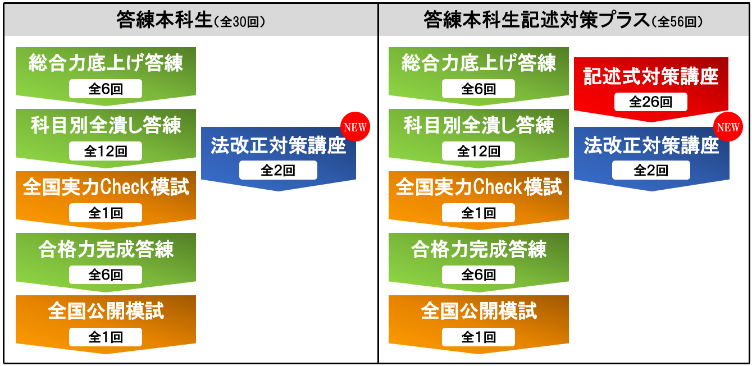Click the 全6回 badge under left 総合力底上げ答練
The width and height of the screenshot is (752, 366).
pyautogui.click(x=106, y=89)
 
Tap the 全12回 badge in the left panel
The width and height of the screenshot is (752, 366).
pyautogui.click(x=106, y=151)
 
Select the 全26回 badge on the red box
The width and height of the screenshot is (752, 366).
pyautogui.click(x=650, y=102)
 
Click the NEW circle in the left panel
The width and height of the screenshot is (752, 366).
pyautogui.click(x=354, y=127)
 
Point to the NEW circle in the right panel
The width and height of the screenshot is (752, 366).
pyautogui.click(x=728, y=127)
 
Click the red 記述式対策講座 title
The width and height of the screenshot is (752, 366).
pyautogui.click(x=650, y=76)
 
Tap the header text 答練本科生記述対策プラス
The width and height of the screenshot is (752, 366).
pyautogui.click(x=536, y=20)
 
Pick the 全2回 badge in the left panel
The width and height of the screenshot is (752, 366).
pyautogui.click(x=278, y=170)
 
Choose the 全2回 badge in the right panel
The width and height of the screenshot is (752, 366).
pyautogui.click(x=651, y=170)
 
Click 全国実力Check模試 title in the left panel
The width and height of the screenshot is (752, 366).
pyautogui.click(x=106, y=187)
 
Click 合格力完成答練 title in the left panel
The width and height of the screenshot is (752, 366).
pyautogui.click(x=106, y=249)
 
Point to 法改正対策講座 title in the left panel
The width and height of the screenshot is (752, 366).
pyautogui.click(x=278, y=147)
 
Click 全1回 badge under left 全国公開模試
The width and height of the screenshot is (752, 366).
pyautogui.click(x=106, y=337)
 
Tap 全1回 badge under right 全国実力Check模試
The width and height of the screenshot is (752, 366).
pyautogui.click(x=478, y=213)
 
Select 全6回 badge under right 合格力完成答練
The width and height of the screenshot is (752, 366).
pyautogui.click(x=478, y=274)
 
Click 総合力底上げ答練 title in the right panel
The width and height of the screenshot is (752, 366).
pyautogui.click(x=478, y=63)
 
